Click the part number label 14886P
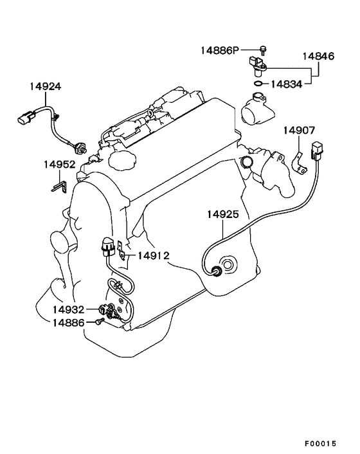tap(221, 51)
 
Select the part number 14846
tap(318, 56)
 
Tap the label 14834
tap(287, 84)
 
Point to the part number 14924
tap(46, 86)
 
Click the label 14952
tap(60, 165)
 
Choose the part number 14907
tap(299, 131)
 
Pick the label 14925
tap(223, 215)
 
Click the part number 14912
tap(154, 256)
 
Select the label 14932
tap(68, 309)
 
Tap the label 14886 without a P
tap(68, 323)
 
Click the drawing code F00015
tap(320, 444)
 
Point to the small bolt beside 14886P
tap(263, 51)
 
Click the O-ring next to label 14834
tap(258, 84)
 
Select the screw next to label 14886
tap(100, 321)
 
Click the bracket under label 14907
tap(299, 165)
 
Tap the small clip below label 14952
tap(59, 186)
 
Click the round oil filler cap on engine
tap(122, 159)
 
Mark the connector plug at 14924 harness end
tap(26, 117)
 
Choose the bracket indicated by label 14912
tap(122, 250)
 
